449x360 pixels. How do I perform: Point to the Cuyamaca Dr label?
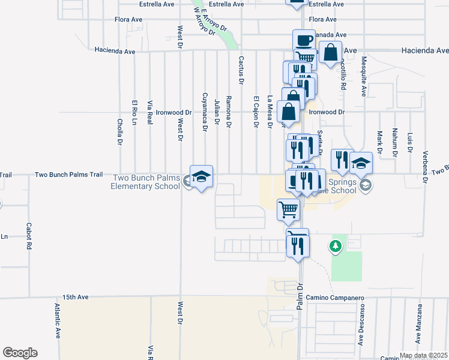point(205,112)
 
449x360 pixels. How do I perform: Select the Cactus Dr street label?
point(241,70)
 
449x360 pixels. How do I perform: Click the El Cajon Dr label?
point(256,112)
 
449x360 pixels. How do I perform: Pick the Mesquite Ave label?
point(363,76)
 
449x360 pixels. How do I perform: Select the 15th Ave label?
point(76,297)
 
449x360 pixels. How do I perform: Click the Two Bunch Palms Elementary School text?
point(145,182)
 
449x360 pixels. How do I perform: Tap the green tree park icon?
point(335,246)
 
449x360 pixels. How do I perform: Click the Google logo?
point(20,353)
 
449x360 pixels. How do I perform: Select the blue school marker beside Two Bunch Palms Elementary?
point(202,176)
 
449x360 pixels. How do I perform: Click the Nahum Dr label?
point(394,145)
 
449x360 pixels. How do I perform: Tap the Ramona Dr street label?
point(228,111)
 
